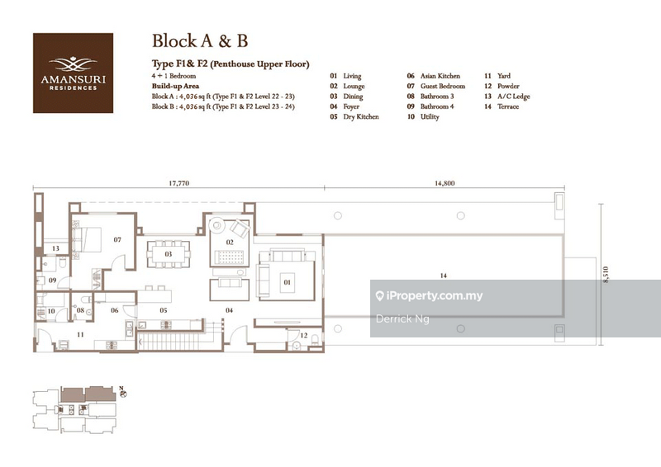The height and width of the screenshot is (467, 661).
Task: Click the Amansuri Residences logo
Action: point(73,73)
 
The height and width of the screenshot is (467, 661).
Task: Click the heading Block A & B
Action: point(200,41)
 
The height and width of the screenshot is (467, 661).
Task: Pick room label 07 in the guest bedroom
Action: point(117,240)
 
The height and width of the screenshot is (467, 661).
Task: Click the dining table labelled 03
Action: point(169,254)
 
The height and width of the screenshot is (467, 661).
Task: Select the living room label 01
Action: point(288,281)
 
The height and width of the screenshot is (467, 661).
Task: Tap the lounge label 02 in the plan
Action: point(229,242)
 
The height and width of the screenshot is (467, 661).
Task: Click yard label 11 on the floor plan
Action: point(79,335)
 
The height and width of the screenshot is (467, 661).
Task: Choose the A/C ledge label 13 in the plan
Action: point(56,248)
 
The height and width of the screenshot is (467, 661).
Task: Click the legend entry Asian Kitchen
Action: point(440,76)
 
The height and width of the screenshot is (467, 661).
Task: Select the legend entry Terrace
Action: point(503,106)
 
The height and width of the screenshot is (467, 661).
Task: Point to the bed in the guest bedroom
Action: point(86,239)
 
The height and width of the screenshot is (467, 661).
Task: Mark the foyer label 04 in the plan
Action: point(229,310)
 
